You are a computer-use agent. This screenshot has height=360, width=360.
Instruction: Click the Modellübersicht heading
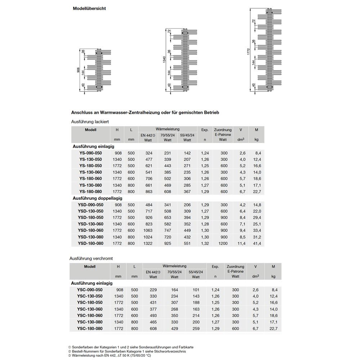coord(89,8)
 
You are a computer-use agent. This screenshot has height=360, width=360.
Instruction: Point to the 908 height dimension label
coord(79,71)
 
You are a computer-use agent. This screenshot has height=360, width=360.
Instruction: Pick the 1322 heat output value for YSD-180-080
coord(149,243)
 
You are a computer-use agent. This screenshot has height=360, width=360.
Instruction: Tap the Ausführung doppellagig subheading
coord(98,198)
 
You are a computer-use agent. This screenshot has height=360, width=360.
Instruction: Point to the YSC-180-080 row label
coord(90,328)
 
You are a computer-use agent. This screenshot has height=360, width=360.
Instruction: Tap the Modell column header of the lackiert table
coord(90,130)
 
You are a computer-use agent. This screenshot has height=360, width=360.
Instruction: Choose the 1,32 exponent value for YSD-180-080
coord(205,243)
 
